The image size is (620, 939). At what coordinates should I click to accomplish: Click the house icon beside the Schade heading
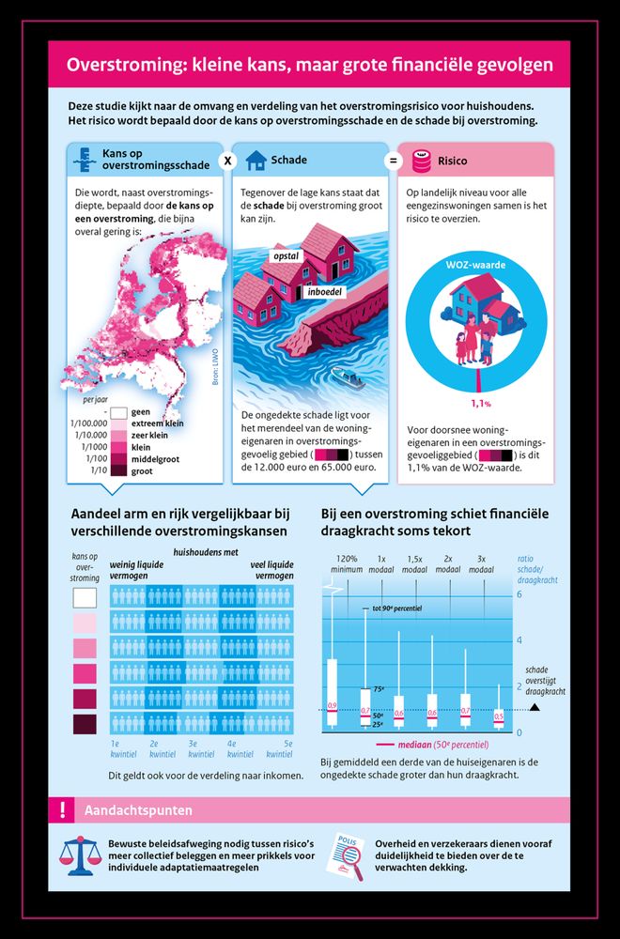click(x=256, y=161)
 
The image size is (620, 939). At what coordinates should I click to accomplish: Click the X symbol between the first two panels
click(x=226, y=161)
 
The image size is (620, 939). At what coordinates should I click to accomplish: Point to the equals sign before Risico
click(x=393, y=161)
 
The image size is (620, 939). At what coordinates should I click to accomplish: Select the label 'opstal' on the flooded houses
click(x=286, y=255)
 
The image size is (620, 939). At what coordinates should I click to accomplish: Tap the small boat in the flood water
click(x=350, y=381)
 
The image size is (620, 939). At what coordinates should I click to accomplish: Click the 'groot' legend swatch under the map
click(x=118, y=470)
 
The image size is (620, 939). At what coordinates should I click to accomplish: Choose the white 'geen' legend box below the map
click(x=118, y=411)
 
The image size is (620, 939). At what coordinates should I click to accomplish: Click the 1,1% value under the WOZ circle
click(x=481, y=404)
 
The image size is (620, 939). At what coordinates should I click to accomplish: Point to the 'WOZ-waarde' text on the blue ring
click(x=481, y=265)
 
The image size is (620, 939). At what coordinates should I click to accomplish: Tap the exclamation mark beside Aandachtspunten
click(x=61, y=809)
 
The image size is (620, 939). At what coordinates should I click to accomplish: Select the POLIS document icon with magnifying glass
click(x=347, y=854)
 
